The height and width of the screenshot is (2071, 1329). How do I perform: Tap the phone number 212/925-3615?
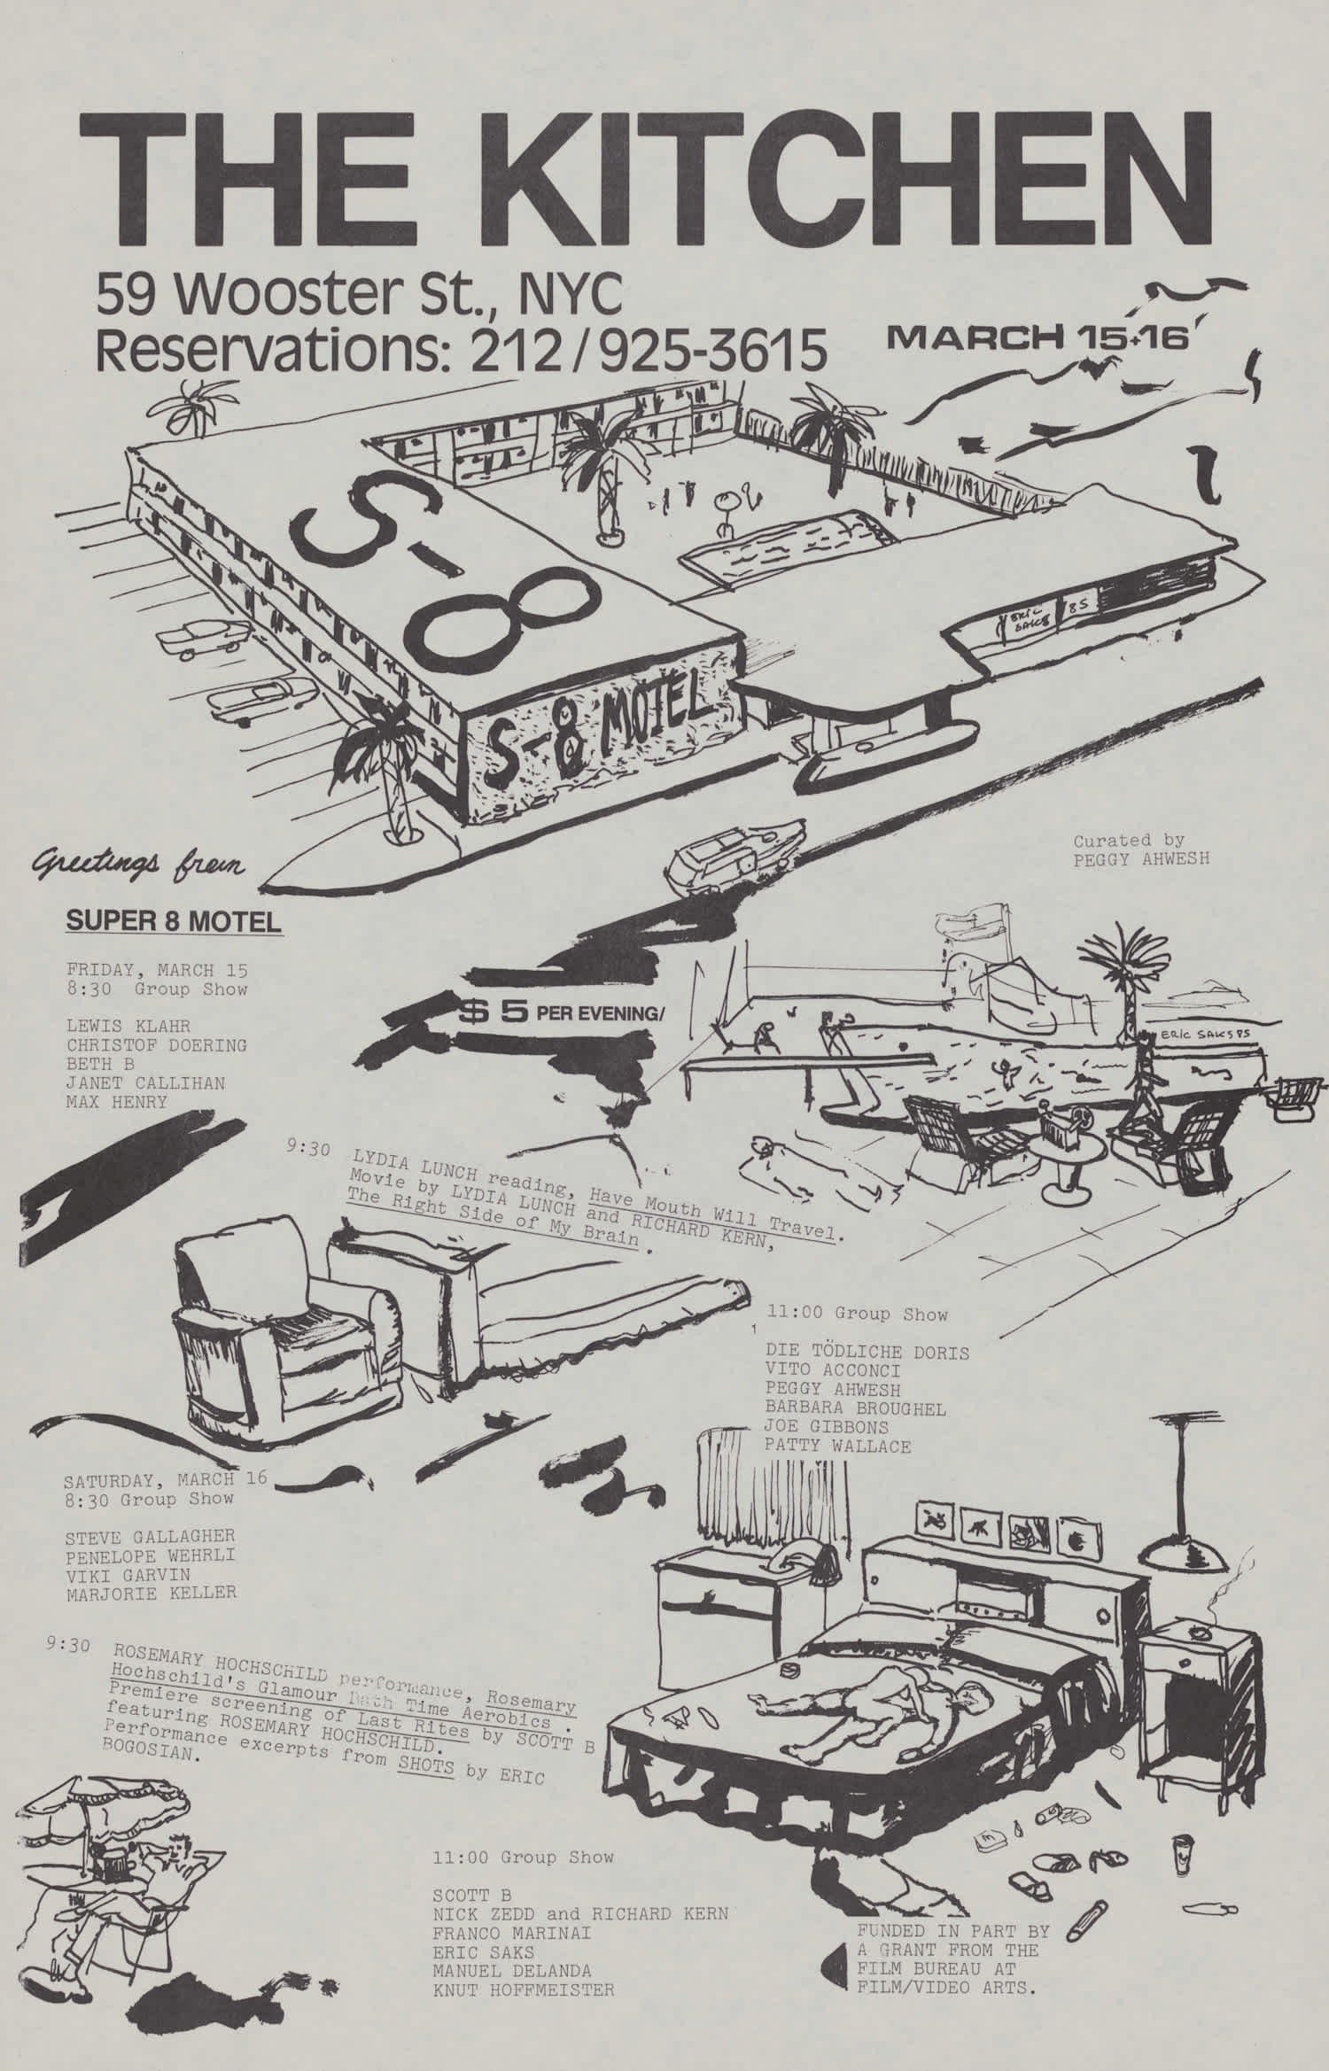pyautogui.click(x=641, y=350)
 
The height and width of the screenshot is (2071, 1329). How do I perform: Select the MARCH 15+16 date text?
pyautogui.click(x=1036, y=337)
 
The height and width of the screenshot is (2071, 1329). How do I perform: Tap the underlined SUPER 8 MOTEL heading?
pyautogui.click(x=174, y=920)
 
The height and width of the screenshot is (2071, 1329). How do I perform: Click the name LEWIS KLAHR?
pyautogui.click(x=128, y=1027)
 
